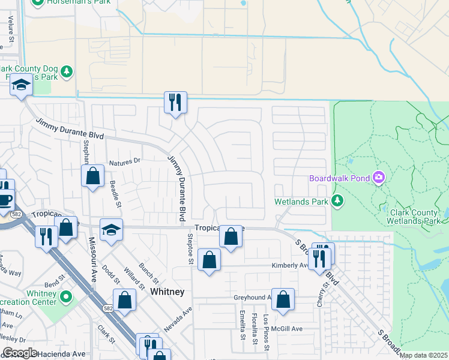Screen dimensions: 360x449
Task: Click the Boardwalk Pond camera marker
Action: [379, 178]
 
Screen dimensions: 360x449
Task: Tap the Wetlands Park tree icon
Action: [337, 201]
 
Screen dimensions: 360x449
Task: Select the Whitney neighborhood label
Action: [167, 292]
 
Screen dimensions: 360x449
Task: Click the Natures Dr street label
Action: [124, 161]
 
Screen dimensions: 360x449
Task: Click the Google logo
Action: [20, 353]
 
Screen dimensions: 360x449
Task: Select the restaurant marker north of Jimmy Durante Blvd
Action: [175, 103]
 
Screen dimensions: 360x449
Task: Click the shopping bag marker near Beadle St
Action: [92, 176]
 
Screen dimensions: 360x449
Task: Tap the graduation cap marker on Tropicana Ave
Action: [111, 230]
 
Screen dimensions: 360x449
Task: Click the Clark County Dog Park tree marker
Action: [66, 72]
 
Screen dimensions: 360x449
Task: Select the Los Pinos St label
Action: [266, 324]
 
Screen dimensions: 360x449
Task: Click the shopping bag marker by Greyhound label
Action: [283, 299]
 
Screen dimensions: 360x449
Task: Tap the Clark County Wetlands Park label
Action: [416, 216]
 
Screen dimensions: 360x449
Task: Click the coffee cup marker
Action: [5, 199]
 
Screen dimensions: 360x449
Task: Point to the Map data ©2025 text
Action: [424, 355]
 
